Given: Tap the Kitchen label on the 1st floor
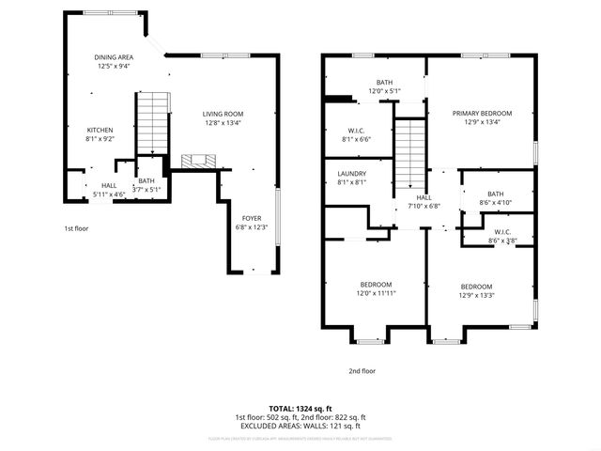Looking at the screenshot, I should pyautogui.click(x=100, y=134).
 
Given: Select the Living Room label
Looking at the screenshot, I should pyautogui.click(x=223, y=118).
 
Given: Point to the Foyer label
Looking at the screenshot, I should pyautogui.click(x=252, y=222).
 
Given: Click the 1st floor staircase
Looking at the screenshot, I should pyautogui.click(x=152, y=121).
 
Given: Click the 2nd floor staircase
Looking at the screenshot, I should pyautogui.click(x=409, y=149).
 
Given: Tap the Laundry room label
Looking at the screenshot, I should pyautogui.click(x=352, y=178).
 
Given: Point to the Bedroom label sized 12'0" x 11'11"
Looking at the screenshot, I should pyautogui.click(x=376, y=288).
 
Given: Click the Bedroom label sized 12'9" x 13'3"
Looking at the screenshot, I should pyautogui.click(x=477, y=290).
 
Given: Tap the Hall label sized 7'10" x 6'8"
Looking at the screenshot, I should pyautogui.click(x=424, y=202).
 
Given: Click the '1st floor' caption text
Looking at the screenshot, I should pyautogui.click(x=76, y=228).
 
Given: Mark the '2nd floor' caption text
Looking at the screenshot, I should pyautogui.click(x=362, y=371).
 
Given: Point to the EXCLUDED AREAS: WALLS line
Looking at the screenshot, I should pyautogui.click(x=300, y=426).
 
